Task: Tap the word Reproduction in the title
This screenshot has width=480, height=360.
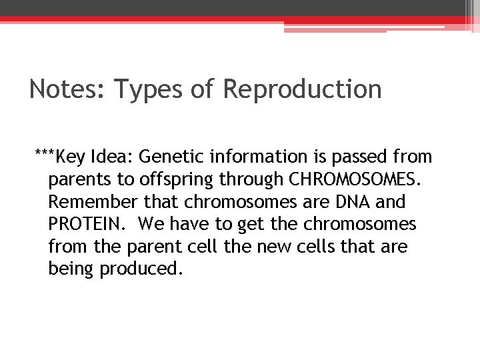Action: (302, 89)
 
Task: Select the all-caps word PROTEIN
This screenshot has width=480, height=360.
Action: (84, 225)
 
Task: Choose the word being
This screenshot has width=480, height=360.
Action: (72, 270)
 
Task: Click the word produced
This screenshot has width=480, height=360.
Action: (141, 270)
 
